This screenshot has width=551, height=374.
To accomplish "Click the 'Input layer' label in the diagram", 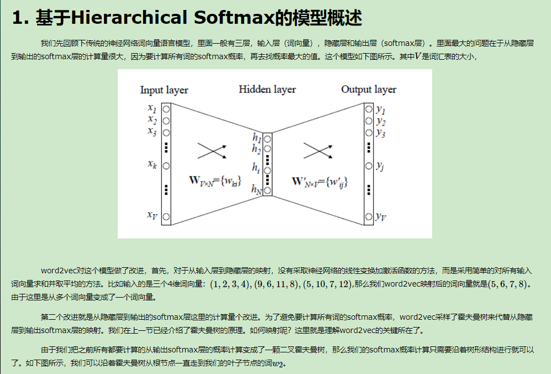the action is (x=164, y=90).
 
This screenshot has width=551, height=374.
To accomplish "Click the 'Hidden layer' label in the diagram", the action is (x=267, y=90).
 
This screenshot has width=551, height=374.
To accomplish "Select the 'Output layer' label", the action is (x=368, y=90).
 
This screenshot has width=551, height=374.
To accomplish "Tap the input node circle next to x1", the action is (x=165, y=109).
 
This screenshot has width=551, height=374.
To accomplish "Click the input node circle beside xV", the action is (x=165, y=216).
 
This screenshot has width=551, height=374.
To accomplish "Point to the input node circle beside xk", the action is (x=165, y=164).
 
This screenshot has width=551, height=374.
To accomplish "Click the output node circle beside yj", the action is (x=369, y=165).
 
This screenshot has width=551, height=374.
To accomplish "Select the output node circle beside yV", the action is (x=369, y=216).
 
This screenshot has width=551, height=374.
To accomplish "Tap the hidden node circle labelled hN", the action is (x=267, y=191).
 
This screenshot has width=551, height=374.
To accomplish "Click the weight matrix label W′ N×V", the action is (x=319, y=181).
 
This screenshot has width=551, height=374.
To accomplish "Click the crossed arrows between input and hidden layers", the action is (x=212, y=150).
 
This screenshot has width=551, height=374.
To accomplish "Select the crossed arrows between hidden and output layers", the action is (x=317, y=150).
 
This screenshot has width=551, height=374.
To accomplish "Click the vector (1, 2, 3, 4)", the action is (x=230, y=284).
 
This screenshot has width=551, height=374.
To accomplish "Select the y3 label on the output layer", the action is (x=380, y=133).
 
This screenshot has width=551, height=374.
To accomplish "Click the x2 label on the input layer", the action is (x=153, y=120).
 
